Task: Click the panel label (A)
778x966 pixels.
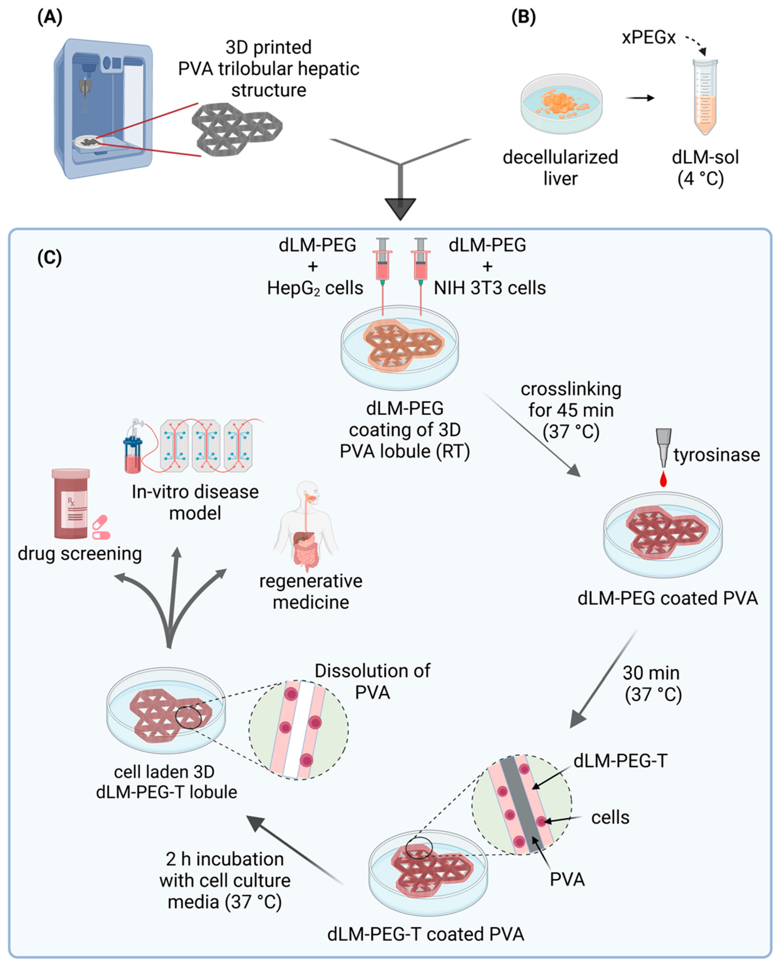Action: tap(50, 18)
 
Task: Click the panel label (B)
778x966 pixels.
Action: tap(523, 18)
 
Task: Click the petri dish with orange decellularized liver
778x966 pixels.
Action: tap(561, 104)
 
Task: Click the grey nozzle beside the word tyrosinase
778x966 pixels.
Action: tap(663, 446)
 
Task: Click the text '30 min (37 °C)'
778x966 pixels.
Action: tap(653, 683)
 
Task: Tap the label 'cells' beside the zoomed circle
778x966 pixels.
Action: tap(610, 817)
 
